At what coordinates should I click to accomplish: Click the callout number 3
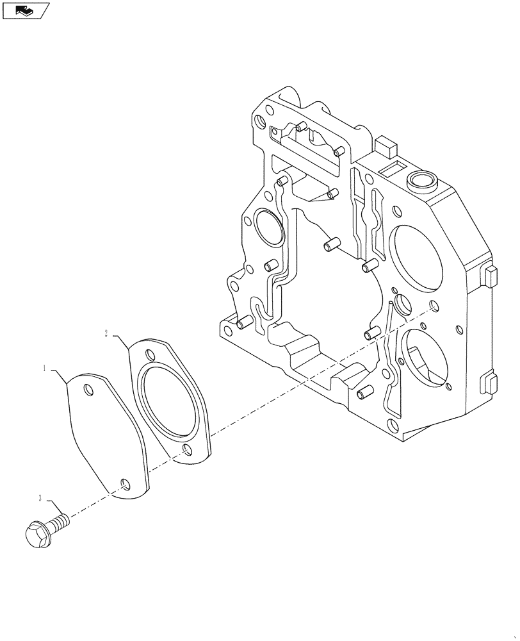click(x=40, y=498)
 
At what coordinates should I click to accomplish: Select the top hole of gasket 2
click(x=150, y=354)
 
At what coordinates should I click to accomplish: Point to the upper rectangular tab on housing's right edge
click(x=490, y=277)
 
